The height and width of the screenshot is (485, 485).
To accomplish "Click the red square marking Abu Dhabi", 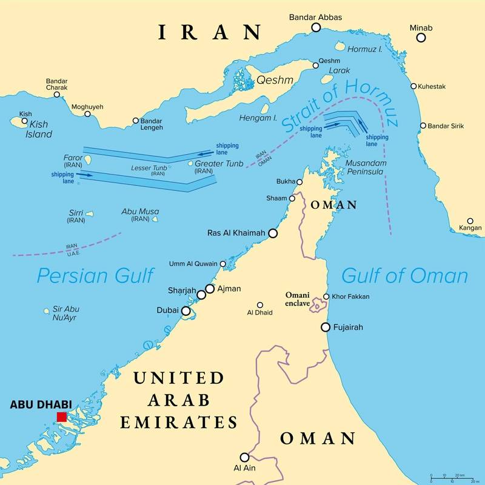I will (x=61, y=416).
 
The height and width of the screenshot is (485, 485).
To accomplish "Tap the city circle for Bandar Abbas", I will (x=316, y=28).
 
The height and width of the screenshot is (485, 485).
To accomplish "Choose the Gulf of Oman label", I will (x=404, y=276).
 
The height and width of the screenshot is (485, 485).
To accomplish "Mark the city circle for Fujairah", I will (x=326, y=327).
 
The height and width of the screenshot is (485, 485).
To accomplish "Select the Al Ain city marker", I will (x=244, y=457).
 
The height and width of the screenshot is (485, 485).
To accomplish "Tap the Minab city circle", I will (x=421, y=38).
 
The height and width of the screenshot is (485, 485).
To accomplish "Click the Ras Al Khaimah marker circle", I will (x=273, y=233).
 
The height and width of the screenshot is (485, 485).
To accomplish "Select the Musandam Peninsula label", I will (x=364, y=168).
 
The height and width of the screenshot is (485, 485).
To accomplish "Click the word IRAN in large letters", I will (x=210, y=32).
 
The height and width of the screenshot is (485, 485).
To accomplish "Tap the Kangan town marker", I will (x=470, y=221).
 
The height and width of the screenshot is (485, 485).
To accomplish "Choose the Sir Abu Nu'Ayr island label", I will (x=65, y=313).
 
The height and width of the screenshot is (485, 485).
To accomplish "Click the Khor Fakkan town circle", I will (x=326, y=296).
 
